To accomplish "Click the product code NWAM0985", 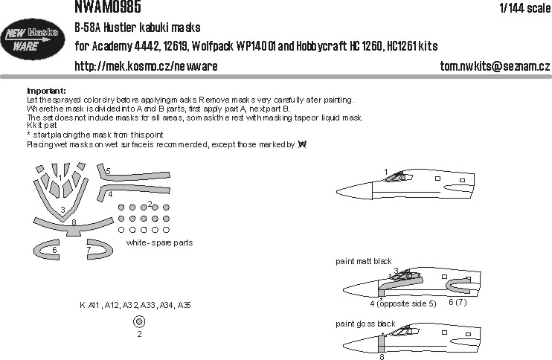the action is (x=108, y=7).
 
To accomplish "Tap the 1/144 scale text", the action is (x=525, y=7).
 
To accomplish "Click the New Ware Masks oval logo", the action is (x=33, y=39).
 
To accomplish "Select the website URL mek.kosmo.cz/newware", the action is (x=146, y=66).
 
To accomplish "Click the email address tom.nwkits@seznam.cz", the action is (x=495, y=65).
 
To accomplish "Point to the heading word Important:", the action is (x=46, y=91).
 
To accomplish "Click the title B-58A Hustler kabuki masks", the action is (x=138, y=28).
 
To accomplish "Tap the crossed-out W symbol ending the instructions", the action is (x=302, y=144).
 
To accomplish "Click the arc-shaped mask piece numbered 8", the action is (x=74, y=227).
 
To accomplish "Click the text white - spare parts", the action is (x=159, y=242).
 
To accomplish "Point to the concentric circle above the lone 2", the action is (x=139, y=321).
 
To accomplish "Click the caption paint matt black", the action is (x=363, y=261).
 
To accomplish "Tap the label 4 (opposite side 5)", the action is (x=403, y=303).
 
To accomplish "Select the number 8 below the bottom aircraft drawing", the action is (x=382, y=356).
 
